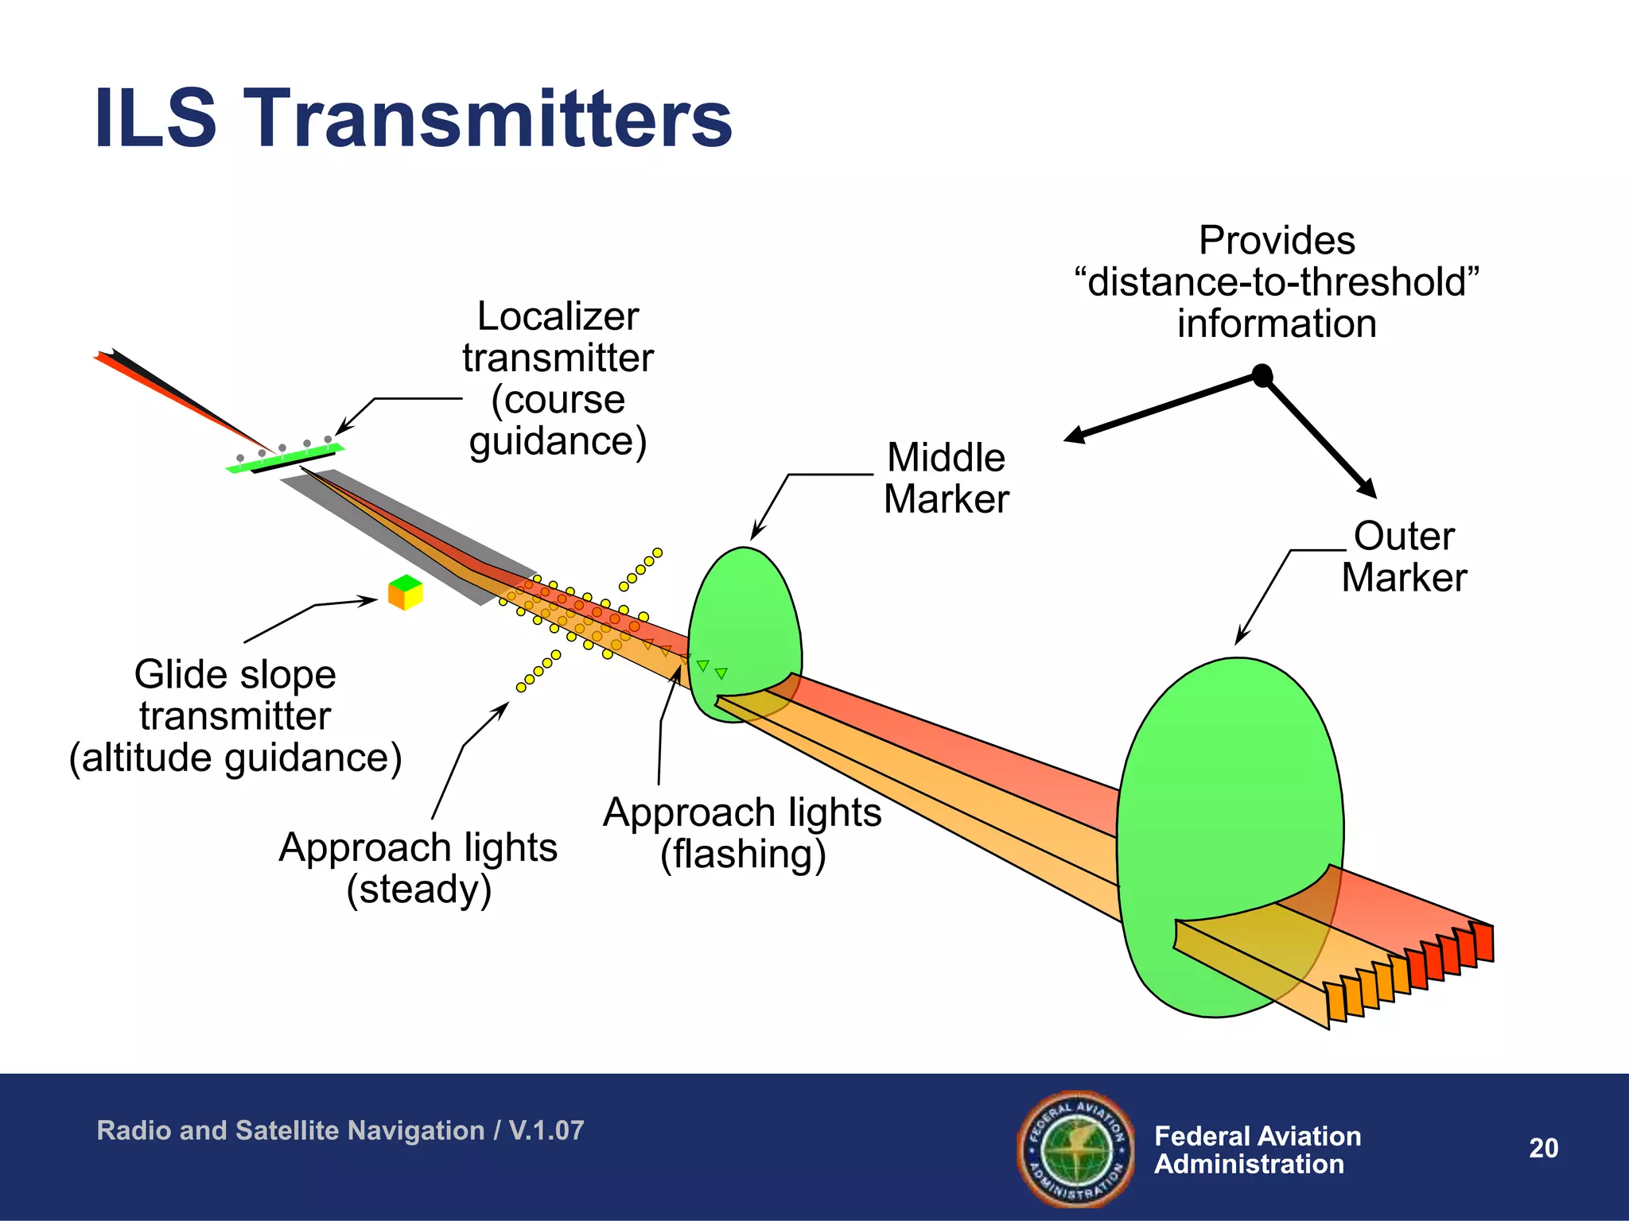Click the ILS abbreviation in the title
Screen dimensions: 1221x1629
(155, 119)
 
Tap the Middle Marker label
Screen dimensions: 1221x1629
(946, 479)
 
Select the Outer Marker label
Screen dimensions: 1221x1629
(1404, 556)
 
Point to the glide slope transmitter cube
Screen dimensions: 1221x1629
(405, 592)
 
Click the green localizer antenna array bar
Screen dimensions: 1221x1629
(284, 459)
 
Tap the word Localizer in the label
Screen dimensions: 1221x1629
(558, 316)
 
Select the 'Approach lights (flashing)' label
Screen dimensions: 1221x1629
(742, 833)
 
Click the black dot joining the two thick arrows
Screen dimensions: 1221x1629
(1262, 375)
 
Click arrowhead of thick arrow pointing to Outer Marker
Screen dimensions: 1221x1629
(1367, 487)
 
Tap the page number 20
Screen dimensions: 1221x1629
(1543, 1148)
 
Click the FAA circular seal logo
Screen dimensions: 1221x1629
(1076, 1149)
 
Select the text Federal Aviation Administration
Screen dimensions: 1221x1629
(1257, 1149)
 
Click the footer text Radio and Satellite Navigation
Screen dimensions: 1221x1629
(291, 1130)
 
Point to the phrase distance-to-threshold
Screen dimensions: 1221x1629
(1276, 282)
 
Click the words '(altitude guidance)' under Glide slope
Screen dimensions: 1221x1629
(235, 758)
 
